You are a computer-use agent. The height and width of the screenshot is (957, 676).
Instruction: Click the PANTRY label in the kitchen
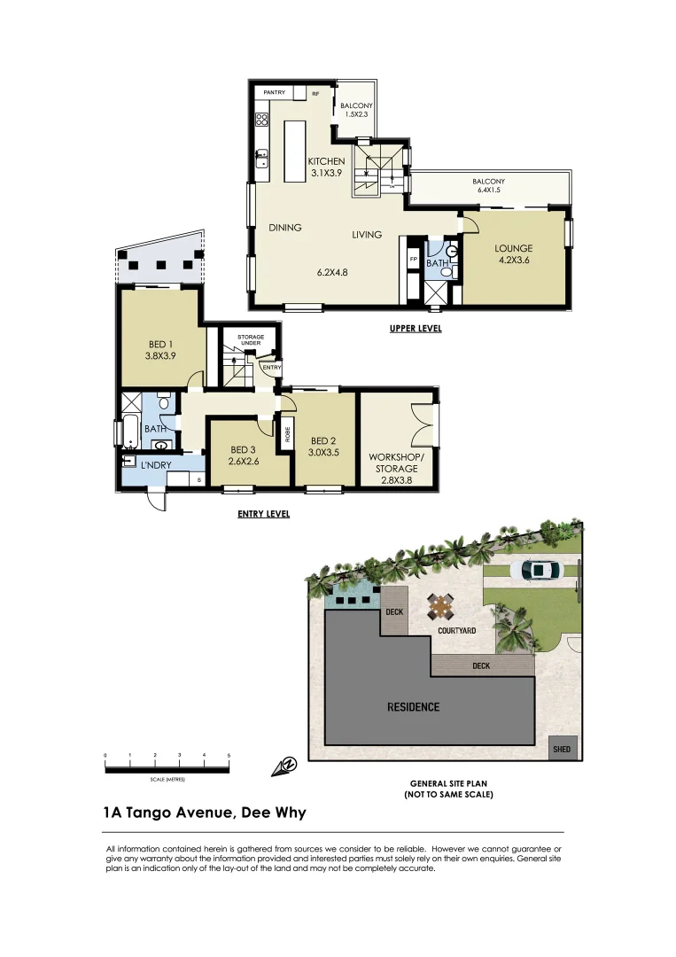pos(273,91)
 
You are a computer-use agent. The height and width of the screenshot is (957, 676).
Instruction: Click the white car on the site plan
pos(540,571)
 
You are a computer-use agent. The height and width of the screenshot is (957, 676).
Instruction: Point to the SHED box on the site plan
pos(562,749)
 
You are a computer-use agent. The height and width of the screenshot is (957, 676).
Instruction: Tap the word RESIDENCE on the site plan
pos(413,706)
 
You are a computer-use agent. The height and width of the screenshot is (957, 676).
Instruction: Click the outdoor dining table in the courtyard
pos(439,608)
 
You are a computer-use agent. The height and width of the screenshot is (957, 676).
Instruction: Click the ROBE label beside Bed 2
pos(288,436)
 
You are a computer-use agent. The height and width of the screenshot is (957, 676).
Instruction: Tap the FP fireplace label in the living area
pos(413,259)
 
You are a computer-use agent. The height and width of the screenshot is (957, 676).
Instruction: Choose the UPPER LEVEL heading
pos(416,329)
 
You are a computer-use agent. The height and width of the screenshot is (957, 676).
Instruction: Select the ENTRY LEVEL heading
pos(263,514)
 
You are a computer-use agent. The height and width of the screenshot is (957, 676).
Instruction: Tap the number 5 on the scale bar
pos(229,755)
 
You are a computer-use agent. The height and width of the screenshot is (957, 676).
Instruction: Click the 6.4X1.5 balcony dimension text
pos(488,190)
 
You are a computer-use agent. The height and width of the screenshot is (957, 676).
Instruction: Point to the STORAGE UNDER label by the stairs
pos(250,339)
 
